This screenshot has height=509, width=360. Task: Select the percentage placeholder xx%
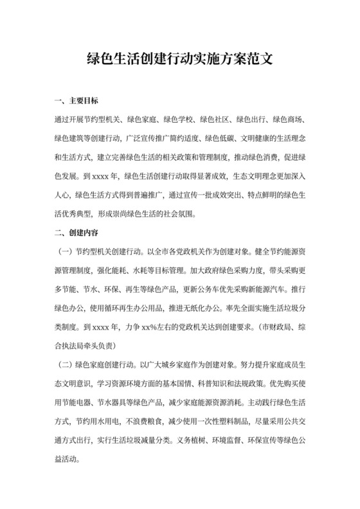(151, 325)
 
